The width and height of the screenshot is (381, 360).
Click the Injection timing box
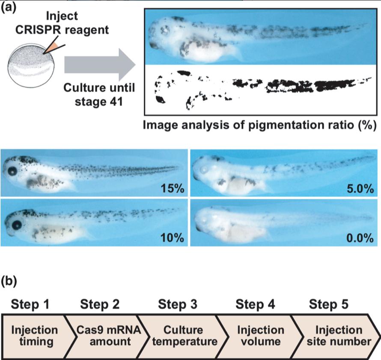click(34, 336)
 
